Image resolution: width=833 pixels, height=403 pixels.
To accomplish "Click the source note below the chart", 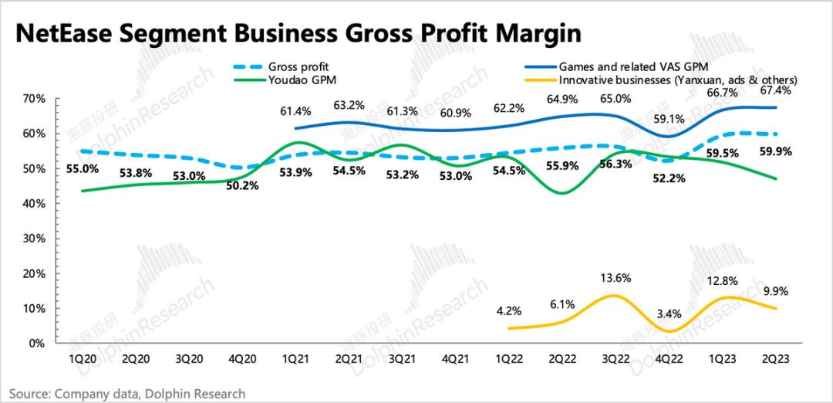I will (127, 393).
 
